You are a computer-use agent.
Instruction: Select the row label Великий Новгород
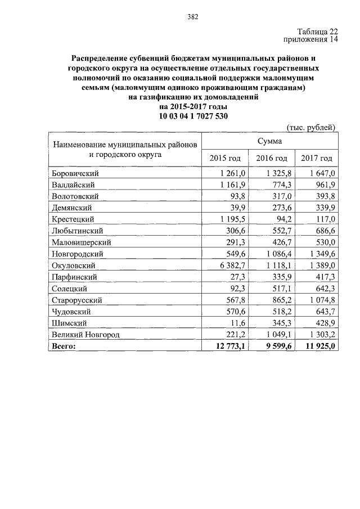85,335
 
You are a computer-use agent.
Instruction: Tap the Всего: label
63,346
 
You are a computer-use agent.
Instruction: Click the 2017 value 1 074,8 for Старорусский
319,300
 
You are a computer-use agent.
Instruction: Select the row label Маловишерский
80,242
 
